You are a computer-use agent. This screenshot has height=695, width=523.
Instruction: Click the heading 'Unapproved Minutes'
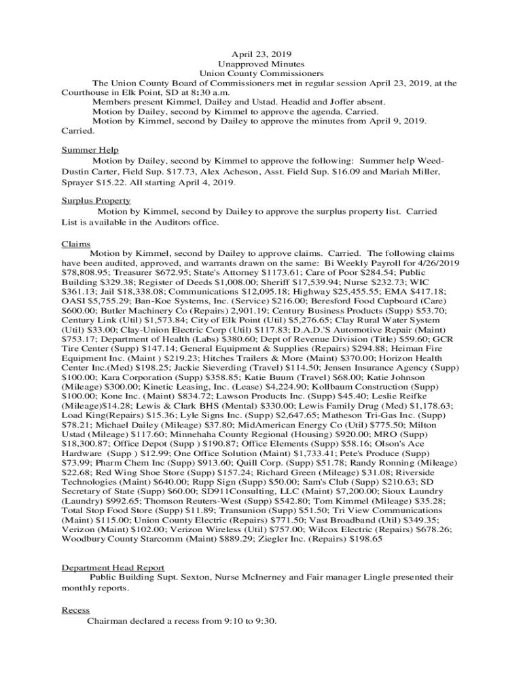261,64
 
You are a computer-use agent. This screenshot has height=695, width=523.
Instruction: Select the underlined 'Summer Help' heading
90,150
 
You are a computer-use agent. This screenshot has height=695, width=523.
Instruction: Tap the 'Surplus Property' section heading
96,201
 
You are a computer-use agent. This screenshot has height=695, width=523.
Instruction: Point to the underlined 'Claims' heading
76,243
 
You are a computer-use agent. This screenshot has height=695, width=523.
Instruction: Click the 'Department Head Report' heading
113,567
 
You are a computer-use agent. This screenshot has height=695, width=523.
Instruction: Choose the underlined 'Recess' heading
75,610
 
